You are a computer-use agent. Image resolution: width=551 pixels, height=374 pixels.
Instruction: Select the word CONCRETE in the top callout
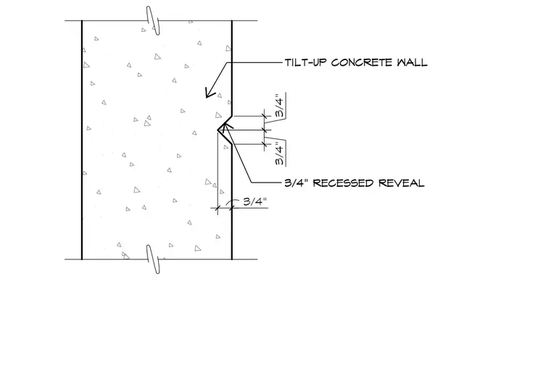click(362, 62)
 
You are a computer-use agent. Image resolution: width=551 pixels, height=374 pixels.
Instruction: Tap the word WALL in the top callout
click(413, 62)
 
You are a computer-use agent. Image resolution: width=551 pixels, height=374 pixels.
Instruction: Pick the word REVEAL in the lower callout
click(402, 183)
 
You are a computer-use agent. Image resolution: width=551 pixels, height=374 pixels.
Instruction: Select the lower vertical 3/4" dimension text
click(279, 154)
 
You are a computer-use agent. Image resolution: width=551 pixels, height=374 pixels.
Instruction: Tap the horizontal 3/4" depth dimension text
click(255, 201)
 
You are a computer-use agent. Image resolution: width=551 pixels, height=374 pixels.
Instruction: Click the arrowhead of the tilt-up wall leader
click(210, 93)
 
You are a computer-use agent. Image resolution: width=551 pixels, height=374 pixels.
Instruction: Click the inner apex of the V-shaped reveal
click(218, 130)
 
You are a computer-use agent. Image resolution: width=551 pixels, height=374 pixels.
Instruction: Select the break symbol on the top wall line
click(153, 20)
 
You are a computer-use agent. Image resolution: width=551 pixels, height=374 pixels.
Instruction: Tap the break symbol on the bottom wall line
click(153, 259)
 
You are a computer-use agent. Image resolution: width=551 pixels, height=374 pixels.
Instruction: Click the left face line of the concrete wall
click(82, 140)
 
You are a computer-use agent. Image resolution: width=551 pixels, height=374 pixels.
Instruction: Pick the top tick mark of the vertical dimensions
click(265, 115)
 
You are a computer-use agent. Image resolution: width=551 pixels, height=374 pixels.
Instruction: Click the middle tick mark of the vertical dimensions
click(265, 130)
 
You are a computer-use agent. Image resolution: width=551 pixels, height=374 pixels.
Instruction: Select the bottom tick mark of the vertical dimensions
click(265, 144)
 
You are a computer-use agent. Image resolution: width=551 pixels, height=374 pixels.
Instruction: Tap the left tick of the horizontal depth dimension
click(217, 208)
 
